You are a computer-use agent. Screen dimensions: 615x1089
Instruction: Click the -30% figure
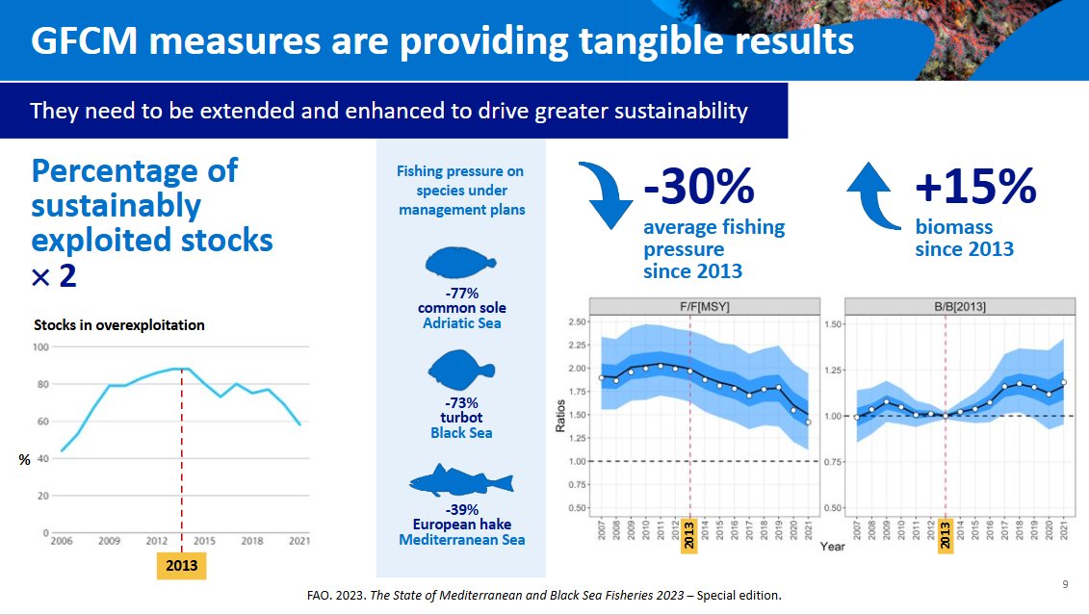698,186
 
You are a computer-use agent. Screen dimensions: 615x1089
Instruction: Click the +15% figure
974,186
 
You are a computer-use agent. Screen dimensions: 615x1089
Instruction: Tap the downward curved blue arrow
604,196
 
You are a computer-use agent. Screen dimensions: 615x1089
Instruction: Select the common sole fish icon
461,265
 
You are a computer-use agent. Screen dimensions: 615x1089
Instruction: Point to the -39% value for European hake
461,509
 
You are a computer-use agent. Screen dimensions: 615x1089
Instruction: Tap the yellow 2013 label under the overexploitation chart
181,566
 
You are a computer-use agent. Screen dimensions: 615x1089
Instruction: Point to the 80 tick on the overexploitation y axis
41,385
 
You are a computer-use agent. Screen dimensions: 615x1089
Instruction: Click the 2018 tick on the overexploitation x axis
252,542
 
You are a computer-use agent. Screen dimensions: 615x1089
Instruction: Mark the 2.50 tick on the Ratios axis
577,321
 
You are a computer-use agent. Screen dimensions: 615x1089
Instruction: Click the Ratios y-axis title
559,414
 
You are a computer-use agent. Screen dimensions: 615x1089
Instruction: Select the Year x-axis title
833,547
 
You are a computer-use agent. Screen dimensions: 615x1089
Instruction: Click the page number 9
1065,583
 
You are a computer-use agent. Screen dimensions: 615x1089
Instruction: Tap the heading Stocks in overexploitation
119,324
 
